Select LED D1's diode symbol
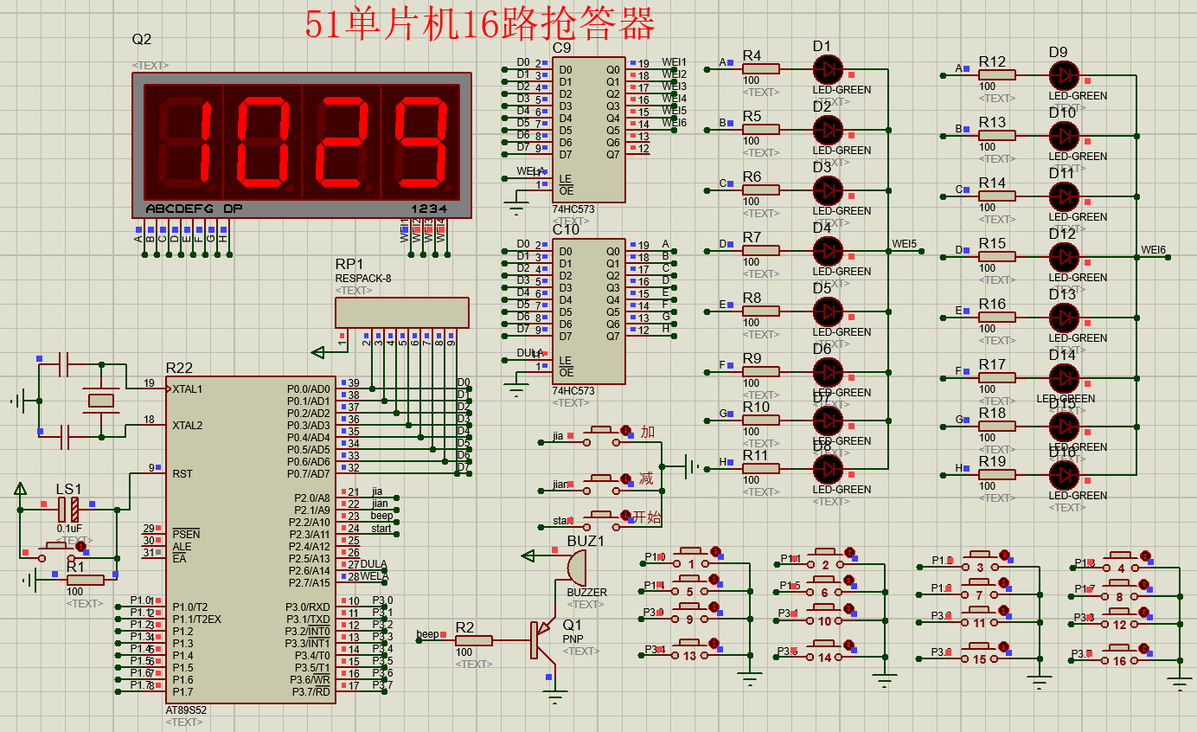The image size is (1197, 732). coord(828,68)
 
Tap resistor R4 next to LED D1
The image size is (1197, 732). coord(761,68)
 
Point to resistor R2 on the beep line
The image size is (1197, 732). coord(473,640)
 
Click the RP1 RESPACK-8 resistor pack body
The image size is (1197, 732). coord(402,312)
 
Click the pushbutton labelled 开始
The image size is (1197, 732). coord(605,517)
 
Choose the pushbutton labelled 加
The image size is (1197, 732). coord(605,431)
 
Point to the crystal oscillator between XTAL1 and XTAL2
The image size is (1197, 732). coord(101,400)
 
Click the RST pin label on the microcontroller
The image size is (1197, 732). coord(182,473)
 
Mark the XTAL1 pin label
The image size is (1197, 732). coord(188,388)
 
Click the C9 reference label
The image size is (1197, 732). coord(562,48)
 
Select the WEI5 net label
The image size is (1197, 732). coord(904,244)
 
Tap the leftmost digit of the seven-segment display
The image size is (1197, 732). coord(183,143)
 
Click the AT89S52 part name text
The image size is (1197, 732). coord(186,710)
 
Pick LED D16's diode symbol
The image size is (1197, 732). coord(1064,473)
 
